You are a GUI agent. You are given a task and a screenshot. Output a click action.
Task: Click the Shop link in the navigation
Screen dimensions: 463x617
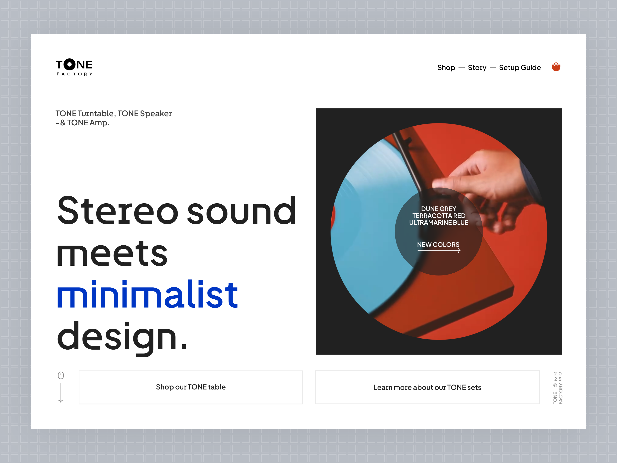446,68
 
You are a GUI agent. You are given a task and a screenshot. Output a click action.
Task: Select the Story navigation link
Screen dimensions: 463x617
477,68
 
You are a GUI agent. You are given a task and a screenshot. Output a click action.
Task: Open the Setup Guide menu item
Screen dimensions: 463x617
520,68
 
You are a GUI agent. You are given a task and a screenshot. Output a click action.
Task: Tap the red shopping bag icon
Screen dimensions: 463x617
556,67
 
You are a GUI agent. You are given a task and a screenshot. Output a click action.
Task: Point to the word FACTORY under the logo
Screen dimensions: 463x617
74,74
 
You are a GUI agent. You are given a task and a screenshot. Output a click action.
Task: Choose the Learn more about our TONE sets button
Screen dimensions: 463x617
427,387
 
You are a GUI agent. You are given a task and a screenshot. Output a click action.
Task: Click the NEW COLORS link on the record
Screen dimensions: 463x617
438,245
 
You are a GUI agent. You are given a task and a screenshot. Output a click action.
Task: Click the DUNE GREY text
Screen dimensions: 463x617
438,209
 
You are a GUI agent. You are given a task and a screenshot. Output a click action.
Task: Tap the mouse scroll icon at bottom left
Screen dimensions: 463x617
61,375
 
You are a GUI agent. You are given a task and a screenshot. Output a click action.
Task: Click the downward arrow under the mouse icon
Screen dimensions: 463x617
61,394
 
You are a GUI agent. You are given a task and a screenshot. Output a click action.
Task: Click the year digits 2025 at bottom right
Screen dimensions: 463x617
558,376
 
